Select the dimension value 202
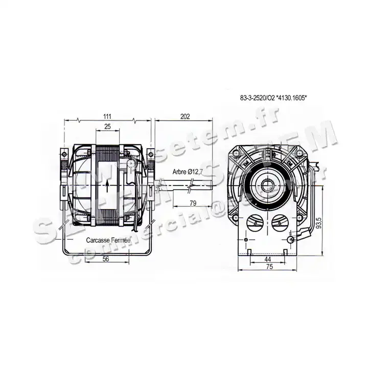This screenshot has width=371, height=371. [x=185, y=117]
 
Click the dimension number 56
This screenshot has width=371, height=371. [x=105, y=259]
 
